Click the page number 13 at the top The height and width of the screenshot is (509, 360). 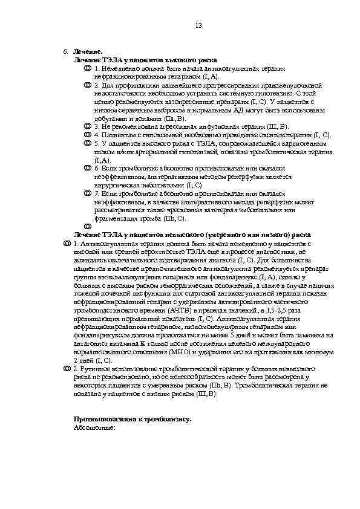click(198, 25)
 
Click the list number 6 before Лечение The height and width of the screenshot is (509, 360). click(65, 53)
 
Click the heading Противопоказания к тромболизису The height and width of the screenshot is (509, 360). click(133, 418)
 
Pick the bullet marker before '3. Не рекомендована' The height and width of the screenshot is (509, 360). click(87, 126)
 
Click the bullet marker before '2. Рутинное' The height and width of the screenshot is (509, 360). click(67, 368)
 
